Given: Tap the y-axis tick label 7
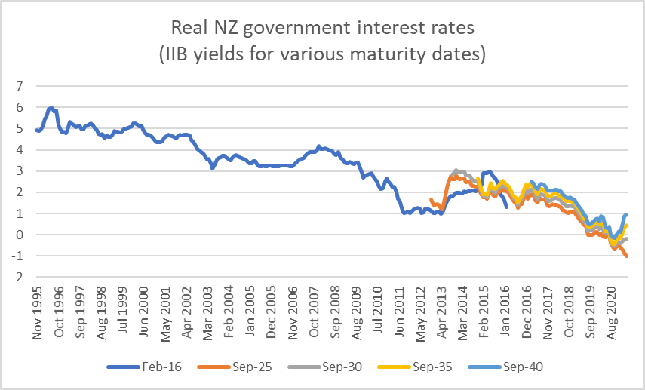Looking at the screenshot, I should pos(20,86).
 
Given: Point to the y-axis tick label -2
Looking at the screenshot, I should pos(17,277).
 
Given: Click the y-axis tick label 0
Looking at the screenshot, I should pos(20,235).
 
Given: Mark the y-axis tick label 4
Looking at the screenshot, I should pos(20,149).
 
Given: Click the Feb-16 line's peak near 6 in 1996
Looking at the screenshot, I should pos(51,109).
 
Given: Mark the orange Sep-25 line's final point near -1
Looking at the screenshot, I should pos(627,256).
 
